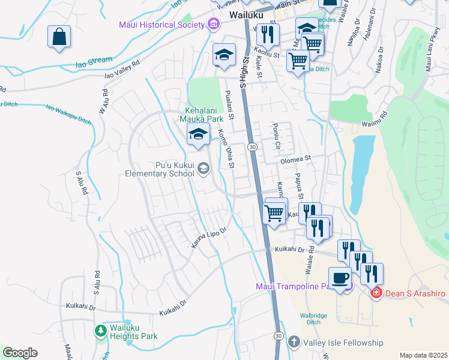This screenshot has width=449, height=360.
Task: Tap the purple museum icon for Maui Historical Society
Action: tap(212, 24)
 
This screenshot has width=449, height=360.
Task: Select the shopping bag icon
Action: tap(59, 37)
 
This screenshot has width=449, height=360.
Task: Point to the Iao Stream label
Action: tap(94, 60)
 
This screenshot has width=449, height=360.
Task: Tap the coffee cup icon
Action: tap(340, 278)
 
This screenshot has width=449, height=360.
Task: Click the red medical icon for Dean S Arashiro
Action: tap(376, 293)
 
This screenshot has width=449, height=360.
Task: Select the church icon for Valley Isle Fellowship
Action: tap(293, 342)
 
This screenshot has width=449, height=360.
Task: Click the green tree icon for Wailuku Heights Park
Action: tap(101, 330)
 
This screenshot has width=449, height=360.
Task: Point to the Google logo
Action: tap(20, 352)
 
